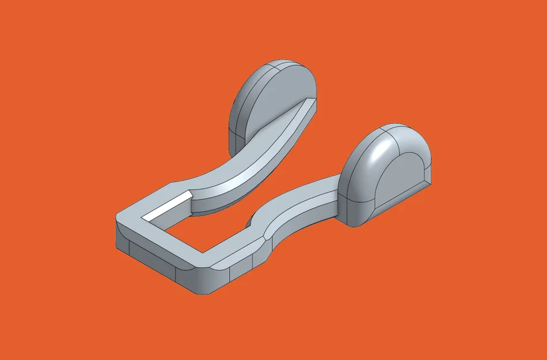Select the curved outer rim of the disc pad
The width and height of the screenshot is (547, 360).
tap(245, 98)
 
